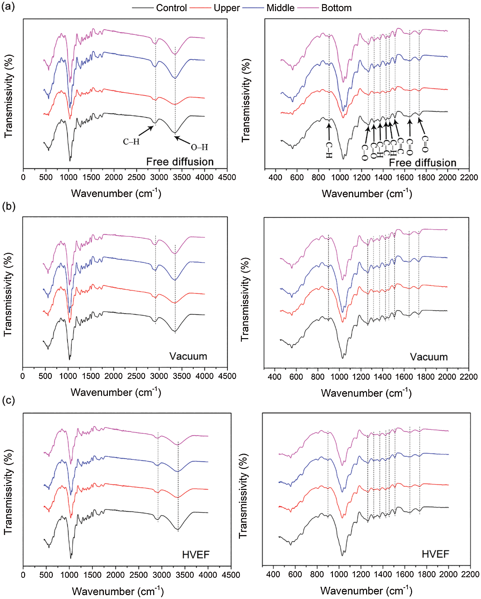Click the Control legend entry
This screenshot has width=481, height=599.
(x=171, y=8)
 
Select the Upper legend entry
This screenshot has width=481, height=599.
(x=226, y=8)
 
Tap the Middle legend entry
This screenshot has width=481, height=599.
(x=280, y=8)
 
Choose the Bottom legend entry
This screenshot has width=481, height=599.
(x=336, y=8)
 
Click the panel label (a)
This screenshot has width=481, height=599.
(x=8, y=6)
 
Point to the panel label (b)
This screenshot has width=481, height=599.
(x=9, y=206)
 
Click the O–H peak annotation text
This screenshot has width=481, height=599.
(x=199, y=147)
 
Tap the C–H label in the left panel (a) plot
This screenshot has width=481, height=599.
(x=131, y=142)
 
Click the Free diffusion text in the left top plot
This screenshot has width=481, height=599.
(x=180, y=162)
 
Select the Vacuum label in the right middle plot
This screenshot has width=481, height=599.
(x=429, y=357)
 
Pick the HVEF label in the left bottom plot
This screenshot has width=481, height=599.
(x=195, y=555)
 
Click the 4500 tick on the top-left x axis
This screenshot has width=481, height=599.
(x=227, y=177)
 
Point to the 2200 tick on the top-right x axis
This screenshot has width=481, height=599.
(x=469, y=177)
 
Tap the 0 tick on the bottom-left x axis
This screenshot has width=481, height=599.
(x=23, y=575)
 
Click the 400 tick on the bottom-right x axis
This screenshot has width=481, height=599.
(x=273, y=574)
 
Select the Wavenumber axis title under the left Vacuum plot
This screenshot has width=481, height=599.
(x=116, y=392)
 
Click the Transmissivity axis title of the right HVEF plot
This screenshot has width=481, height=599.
(x=243, y=496)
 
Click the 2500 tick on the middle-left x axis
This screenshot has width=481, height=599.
(x=136, y=376)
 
